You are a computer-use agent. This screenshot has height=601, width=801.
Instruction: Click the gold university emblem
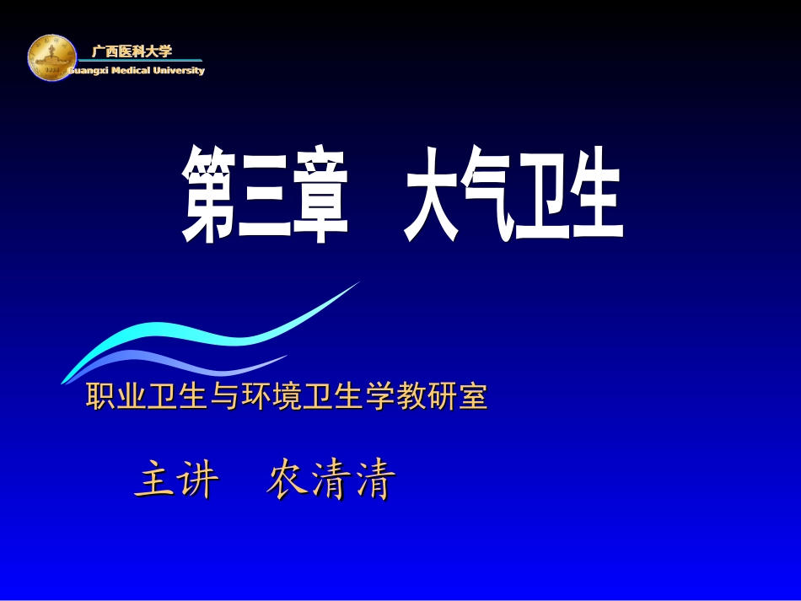52,58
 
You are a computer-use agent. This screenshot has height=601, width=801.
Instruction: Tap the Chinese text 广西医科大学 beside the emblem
132,51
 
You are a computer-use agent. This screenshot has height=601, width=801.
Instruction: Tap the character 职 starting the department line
99,396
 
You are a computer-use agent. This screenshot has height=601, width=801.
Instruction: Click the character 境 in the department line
293,396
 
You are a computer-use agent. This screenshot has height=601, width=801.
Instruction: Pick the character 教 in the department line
414,396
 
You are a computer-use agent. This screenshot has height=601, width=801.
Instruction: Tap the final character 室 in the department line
474,396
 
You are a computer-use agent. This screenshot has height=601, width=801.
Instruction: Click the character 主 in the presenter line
154,481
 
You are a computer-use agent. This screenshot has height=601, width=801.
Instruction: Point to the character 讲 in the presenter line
198,481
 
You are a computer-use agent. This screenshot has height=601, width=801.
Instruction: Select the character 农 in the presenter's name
285,481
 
